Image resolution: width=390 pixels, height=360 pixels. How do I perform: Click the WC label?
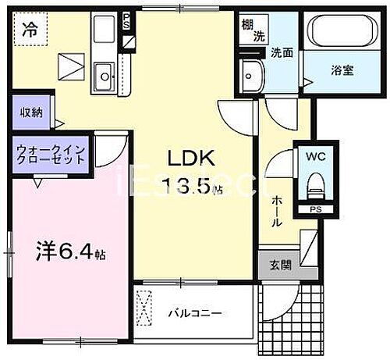point(316,154)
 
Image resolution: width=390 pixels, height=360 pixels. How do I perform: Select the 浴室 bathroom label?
point(342,69)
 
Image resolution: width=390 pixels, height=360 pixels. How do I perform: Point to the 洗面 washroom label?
point(282,53)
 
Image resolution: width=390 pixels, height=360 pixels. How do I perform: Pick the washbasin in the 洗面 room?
point(252,75)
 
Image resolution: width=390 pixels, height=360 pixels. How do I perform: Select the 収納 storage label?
point(31,112)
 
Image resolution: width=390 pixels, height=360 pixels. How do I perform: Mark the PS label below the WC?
point(315,209)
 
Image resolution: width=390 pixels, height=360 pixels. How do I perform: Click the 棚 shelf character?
point(246,23)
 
